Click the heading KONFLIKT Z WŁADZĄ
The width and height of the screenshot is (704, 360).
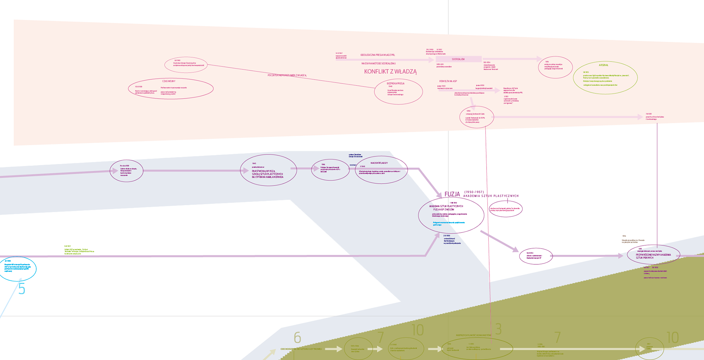(x=390, y=71)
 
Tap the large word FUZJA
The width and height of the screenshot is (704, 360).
(x=452, y=194)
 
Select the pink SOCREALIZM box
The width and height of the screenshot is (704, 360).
(x=458, y=59)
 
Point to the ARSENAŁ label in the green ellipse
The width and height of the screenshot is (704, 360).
(x=603, y=65)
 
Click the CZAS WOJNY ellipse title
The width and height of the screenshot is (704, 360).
(x=169, y=81)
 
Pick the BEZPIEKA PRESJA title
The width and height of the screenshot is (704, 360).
(x=395, y=84)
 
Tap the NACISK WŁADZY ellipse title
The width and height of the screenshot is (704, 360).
(x=379, y=163)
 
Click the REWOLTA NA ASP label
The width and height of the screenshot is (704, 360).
(x=448, y=81)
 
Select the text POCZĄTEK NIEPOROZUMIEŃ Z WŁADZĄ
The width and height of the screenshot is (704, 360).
(x=287, y=75)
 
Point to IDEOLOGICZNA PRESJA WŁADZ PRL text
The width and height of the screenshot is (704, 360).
(x=378, y=55)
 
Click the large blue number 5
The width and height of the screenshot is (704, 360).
(x=22, y=289)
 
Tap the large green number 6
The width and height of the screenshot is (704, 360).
(x=297, y=338)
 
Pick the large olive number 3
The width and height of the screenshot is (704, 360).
(x=498, y=329)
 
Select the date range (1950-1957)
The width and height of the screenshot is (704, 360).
(x=474, y=192)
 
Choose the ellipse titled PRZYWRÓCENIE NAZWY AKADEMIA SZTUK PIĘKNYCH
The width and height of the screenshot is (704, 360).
(x=653, y=255)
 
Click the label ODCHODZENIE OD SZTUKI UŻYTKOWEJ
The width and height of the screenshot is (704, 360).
(x=301, y=349)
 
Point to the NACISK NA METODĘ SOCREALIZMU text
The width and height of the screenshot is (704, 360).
(x=378, y=63)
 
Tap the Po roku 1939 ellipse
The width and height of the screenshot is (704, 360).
(x=126, y=171)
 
